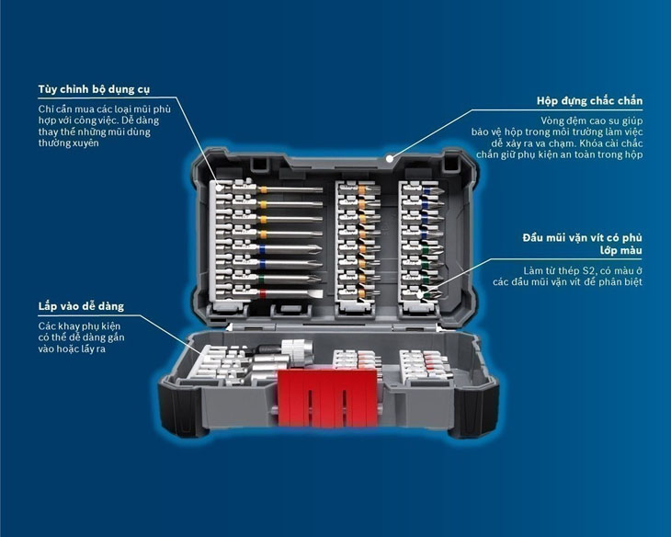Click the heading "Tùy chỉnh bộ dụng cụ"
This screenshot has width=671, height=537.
94,89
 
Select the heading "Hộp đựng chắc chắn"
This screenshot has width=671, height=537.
590,101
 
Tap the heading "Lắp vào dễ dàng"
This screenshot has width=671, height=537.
81,306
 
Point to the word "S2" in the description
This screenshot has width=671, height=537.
588,270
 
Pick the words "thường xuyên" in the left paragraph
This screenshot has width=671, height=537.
68,143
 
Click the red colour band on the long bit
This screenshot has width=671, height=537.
262,293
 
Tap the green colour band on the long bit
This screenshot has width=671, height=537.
262,279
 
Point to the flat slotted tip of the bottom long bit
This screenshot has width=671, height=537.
316,293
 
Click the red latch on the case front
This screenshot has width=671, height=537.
327,398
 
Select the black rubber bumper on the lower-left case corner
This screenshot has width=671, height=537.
179,407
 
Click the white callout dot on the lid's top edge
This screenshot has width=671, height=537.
389,158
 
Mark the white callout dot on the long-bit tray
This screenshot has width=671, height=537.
220,188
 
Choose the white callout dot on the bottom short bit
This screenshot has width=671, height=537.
420,295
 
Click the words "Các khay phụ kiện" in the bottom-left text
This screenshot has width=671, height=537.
79,326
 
